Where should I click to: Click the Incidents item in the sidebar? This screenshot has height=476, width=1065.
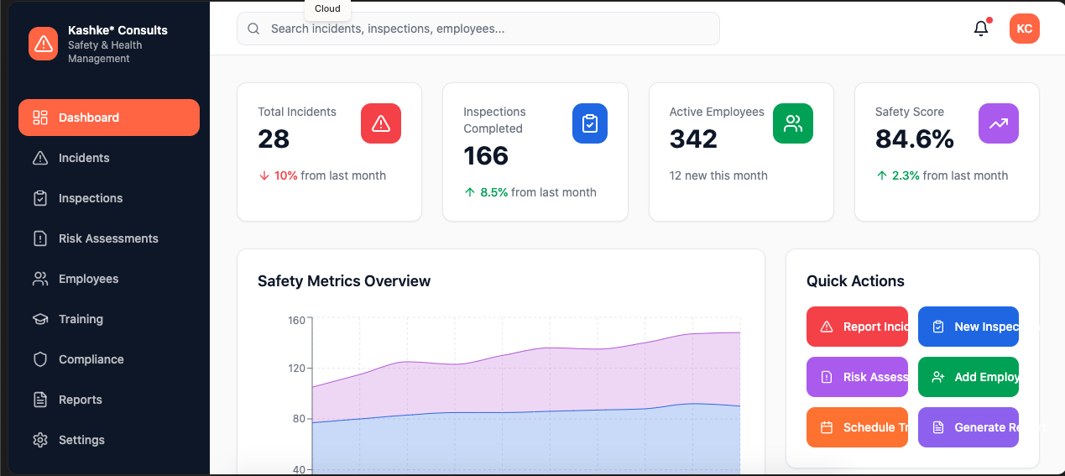[x=83, y=158]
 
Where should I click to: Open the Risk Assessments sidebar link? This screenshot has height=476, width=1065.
[x=107, y=238]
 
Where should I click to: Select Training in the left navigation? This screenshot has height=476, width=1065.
[x=81, y=319]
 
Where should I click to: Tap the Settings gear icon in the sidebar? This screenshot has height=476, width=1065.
[x=39, y=440]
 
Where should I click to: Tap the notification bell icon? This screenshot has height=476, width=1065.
[x=980, y=29]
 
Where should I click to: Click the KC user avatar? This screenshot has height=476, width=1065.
[x=1024, y=29]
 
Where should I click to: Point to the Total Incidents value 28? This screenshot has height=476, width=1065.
[x=274, y=139]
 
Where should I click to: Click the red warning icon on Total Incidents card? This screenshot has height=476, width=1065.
[x=380, y=123]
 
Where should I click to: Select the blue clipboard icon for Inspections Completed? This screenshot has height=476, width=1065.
[x=589, y=123]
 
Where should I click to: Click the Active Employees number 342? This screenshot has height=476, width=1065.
[x=693, y=139]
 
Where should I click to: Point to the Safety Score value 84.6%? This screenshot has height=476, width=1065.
[x=914, y=139]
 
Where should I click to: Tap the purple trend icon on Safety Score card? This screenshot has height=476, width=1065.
[x=998, y=123]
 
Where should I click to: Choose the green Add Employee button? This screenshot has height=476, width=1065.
[x=968, y=377]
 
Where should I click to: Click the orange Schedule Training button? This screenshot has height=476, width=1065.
[x=857, y=427]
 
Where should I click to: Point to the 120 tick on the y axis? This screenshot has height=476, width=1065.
[x=296, y=369]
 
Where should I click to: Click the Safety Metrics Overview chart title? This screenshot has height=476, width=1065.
[x=344, y=281]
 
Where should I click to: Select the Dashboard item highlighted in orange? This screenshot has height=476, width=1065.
[x=109, y=118]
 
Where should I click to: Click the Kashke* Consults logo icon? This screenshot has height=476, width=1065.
[x=43, y=44]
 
